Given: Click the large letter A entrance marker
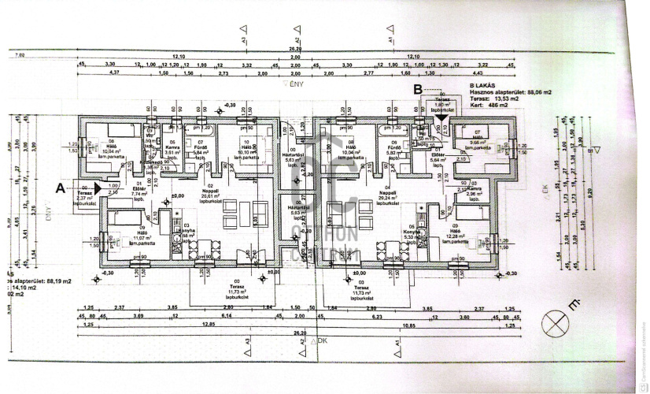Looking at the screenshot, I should click(60, 188).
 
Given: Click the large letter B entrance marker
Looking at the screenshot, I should click(418, 90).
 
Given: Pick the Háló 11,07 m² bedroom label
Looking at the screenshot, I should click(119, 236).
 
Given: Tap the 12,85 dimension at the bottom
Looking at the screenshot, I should click(208, 325).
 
